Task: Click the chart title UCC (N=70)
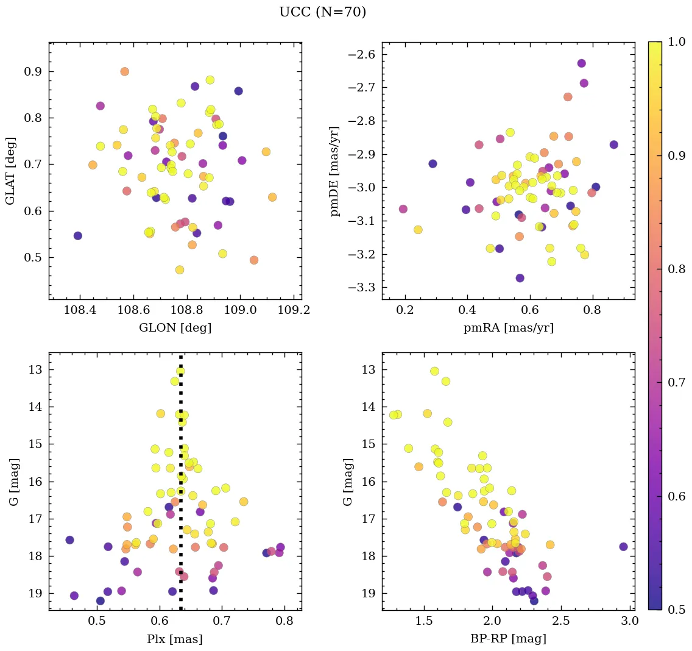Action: tap(322, 12)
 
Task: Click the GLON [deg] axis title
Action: tap(175, 328)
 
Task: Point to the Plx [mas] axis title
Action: tap(175, 639)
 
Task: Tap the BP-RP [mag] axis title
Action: tap(509, 639)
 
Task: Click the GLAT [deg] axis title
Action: tap(10, 171)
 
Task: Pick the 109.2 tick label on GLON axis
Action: tap(294, 310)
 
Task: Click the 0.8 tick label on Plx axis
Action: tap(285, 621)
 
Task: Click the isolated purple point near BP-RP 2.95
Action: tap(623, 547)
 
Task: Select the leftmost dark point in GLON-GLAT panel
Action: tap(77, 236)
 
